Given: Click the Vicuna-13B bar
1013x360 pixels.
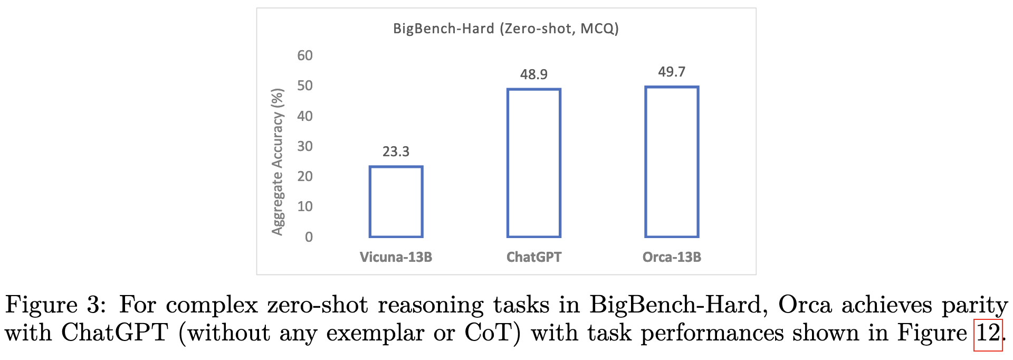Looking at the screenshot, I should click(x=396, y=202).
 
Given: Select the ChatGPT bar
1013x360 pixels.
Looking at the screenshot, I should click(x=533, y=163).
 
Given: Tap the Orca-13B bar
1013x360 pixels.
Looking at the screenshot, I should click(x=672, y=162).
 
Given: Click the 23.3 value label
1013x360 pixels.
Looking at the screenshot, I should click(x=396, y=152).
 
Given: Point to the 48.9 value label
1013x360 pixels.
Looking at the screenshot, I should click(x=533, y=74).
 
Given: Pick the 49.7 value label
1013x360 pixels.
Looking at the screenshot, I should click(x=672, y=72).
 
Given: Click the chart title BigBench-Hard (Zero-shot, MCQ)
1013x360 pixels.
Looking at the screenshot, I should click(x=505, y=29).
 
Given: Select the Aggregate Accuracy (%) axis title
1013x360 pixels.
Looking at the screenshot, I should click(x=278, y=162).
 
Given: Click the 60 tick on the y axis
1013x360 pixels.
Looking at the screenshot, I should click(x=305, y=55).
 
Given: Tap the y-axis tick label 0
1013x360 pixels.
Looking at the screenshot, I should click(x=309, y=237).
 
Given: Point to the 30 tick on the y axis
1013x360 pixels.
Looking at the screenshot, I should click(x=305, y=146).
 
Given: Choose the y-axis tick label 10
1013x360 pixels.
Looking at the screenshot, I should click(x=305, y=206).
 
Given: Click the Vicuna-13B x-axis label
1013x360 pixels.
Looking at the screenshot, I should click(x=396, y=257).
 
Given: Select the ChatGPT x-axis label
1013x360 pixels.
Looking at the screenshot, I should click(x=533, y=257).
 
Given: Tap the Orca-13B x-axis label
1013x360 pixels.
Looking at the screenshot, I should click(x=672, y=257).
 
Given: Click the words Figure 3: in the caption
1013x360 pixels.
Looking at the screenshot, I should click(x=56, y=305).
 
